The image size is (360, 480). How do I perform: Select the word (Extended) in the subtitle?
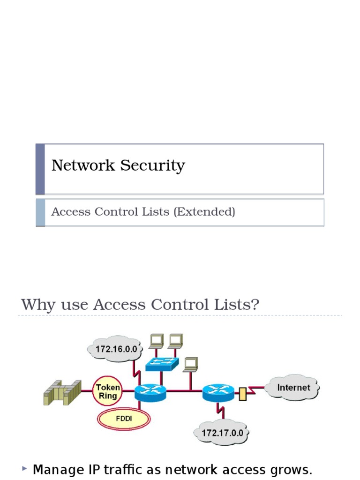(204, 212)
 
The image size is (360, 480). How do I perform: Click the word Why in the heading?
(35, 305)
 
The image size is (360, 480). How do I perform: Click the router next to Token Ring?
(150, 392)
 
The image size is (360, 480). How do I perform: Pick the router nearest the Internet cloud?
(218, 392)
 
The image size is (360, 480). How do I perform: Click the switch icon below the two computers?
(162, 363)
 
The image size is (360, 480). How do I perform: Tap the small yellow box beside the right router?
(242, 393)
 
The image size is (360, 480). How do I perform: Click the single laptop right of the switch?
(190, 364)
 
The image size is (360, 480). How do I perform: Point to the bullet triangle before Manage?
(24, 468)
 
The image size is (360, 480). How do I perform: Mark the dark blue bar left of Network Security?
(40, 169)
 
